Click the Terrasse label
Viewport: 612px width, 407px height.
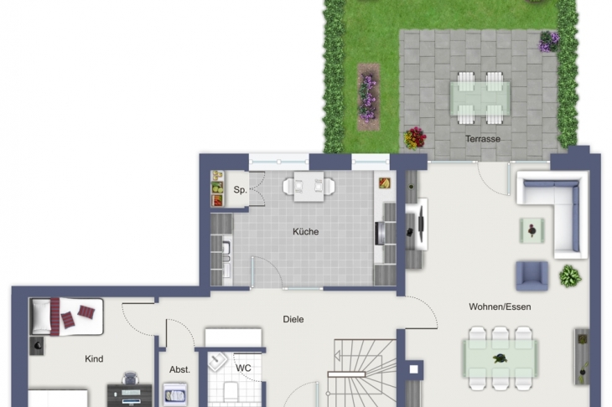(482, 139)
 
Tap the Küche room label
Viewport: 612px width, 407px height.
(306, 232)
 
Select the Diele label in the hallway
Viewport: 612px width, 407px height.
(293, 319)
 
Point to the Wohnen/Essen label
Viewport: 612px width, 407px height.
(500, 307)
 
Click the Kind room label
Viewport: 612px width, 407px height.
(94, 358)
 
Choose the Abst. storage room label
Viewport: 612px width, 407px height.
(179, 369)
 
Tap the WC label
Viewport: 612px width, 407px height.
(243, 368)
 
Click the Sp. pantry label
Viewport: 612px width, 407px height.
(240, 190)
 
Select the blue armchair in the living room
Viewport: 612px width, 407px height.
(532, 276)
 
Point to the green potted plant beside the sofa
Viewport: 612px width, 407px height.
(570, 276)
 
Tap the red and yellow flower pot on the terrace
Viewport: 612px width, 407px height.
(414, 138)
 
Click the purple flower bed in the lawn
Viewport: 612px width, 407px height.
(368, 98)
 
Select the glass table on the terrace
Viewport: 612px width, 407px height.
(480, 98)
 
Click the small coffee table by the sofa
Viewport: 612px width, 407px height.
(532, 230)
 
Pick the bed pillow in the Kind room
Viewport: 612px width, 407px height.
(41, 317)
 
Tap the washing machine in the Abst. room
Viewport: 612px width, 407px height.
(175, 394)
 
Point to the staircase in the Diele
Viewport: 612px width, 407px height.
(362, 374)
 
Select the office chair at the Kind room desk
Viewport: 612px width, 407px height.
(130, 379)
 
